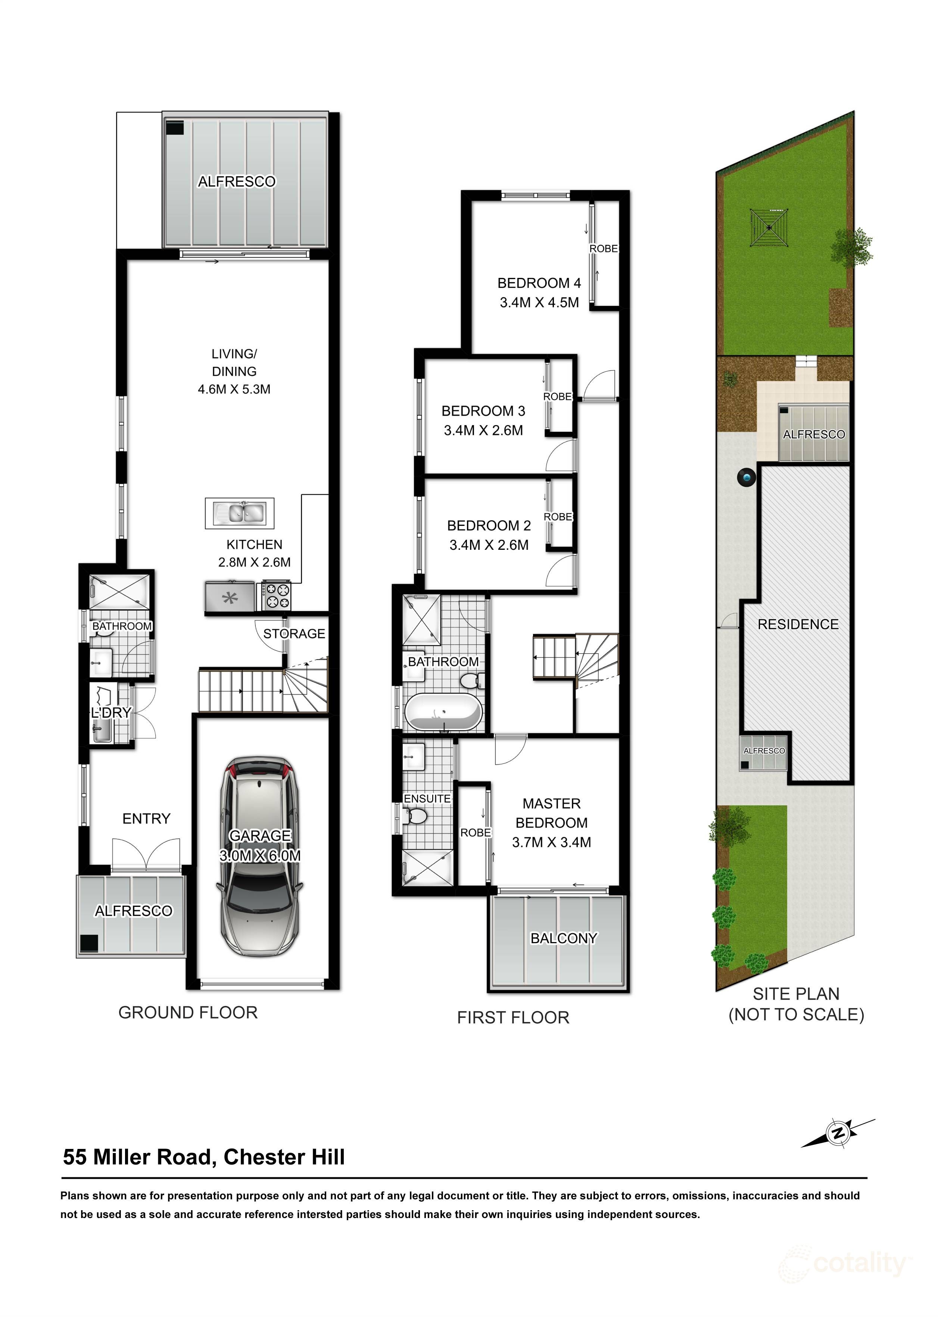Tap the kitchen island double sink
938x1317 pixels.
point(239,513)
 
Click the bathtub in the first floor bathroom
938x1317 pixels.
point(443,713)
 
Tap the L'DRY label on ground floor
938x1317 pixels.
point(112,713)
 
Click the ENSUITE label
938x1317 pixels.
point(427,799)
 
